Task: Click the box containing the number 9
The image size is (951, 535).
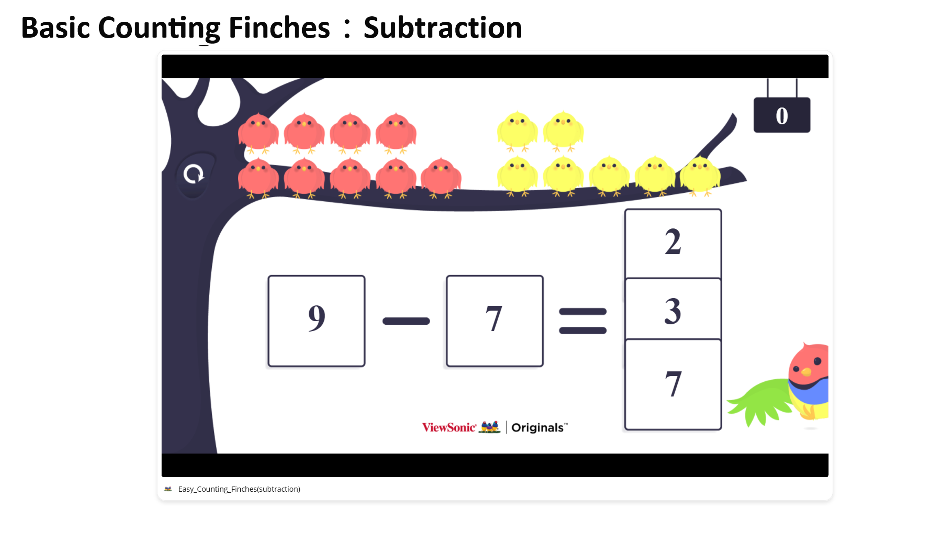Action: click(x=316, y=321)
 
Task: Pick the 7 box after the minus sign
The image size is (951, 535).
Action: click(x=494, y=321)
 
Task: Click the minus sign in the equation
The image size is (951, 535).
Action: click(x=406, y=321)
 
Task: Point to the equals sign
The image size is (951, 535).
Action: click(x=582, y=321)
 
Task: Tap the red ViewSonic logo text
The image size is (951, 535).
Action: click(x=449, y=427)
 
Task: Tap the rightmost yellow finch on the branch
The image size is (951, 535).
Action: click(x=700, y=176)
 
